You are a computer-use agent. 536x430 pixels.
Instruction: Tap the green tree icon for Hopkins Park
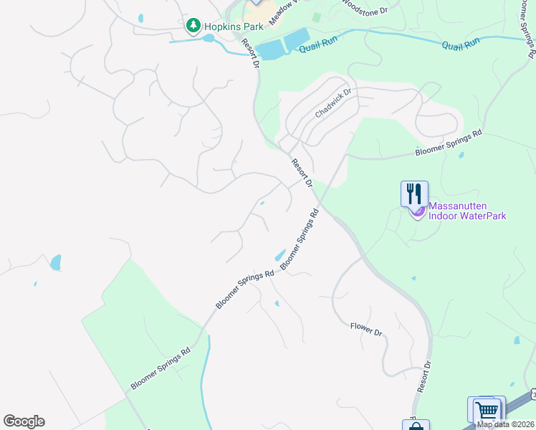pos(193,26)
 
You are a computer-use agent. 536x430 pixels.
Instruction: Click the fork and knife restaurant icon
pos(414,193)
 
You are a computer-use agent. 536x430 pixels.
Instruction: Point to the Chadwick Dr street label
pos(335,104)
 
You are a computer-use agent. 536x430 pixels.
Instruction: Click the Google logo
pos(24,421)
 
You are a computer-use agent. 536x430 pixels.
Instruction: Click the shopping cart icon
pos(487,411)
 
